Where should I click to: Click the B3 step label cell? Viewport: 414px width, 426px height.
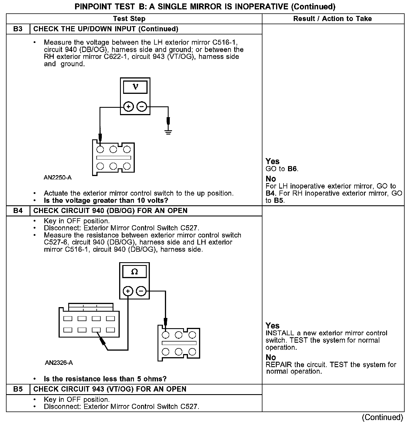(x=18, y=29)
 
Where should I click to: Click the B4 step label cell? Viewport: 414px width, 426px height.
(x=18, y=211)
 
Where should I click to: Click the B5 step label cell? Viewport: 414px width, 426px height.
(x=18, y=389)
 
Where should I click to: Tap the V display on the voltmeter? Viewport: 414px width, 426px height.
(x=135, y=87)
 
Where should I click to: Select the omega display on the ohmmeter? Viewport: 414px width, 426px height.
(x=134, y=272)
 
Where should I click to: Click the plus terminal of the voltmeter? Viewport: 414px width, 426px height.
(x=129, y=107)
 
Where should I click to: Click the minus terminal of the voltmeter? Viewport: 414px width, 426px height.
(x=142, y=107)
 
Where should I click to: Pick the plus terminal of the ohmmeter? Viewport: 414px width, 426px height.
(x=128, y=291)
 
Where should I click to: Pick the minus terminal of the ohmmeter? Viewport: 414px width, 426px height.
(x=141, y=291)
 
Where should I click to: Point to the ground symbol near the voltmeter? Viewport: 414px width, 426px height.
(x=168, y=132)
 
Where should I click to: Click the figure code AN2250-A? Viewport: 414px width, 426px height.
(x=58, y=178)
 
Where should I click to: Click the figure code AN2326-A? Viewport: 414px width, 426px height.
(x=59, y=363)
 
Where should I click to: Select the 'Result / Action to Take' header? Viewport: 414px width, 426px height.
(x=332, y=19)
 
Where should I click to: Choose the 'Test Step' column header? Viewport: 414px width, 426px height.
(x=129, y=19)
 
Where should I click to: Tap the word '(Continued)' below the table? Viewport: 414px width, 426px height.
(x=382, y=417)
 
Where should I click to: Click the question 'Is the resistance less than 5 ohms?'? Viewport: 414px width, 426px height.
(x=105, y=379)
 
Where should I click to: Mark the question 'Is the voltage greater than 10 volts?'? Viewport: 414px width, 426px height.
(x=106, y=200)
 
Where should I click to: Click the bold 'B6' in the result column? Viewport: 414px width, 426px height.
(x=292, y=169)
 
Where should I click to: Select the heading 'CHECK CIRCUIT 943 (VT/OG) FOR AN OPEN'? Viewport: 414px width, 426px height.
(x=110, y=389)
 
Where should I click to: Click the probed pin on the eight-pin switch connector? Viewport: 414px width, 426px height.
(x=96, y=330)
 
